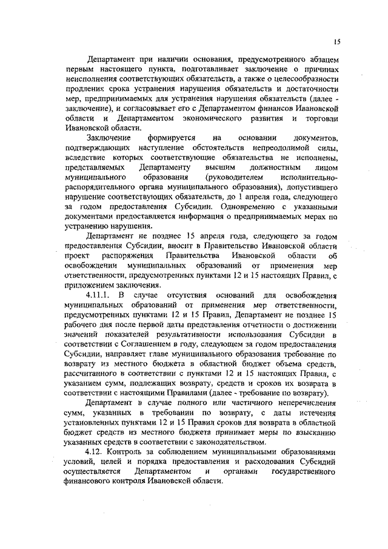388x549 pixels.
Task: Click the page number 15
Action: pyautogui.click(x=336, y=41)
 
